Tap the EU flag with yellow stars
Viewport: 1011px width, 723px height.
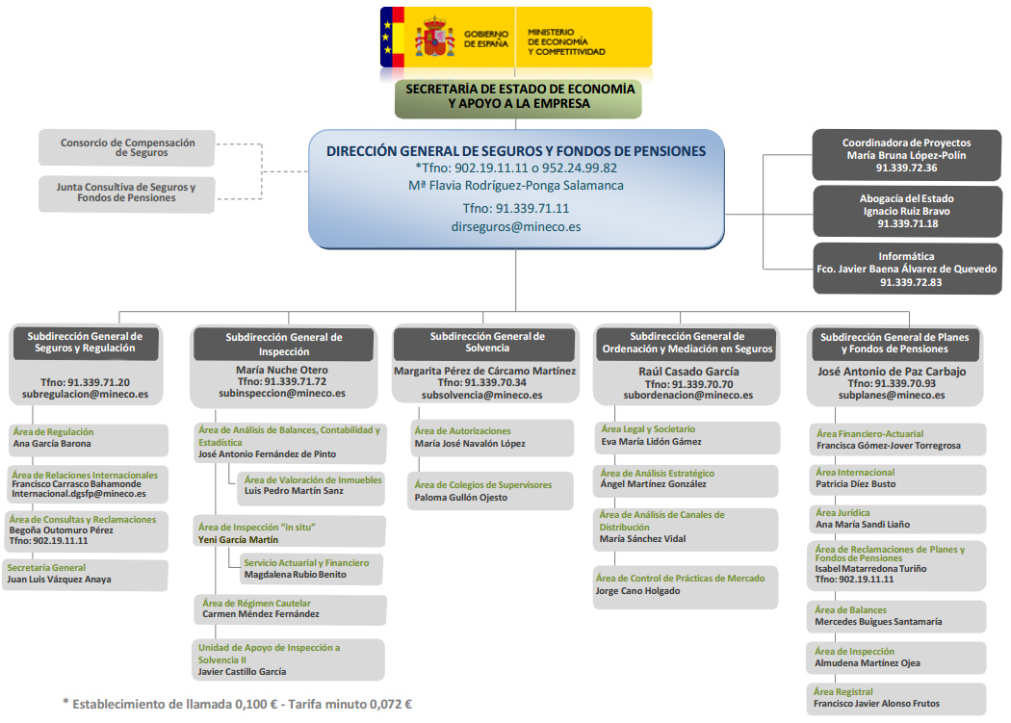point(391,37)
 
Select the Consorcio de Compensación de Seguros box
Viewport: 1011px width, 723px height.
point(127,147)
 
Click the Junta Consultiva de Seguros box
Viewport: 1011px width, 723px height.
point(127,193)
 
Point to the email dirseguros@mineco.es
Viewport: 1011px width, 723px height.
point(516,227)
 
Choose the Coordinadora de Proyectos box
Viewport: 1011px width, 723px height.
point(906,154)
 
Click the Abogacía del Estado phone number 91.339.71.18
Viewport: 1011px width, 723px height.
point(906,223)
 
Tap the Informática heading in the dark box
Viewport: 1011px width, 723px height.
point(906,257)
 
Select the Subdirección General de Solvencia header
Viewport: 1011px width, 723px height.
point(487,342)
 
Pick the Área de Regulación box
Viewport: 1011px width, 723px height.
point(88,439)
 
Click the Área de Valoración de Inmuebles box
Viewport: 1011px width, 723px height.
point(311,485)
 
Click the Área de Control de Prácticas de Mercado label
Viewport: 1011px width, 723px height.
point(681,578)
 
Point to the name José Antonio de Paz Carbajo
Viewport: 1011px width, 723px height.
point(892,371)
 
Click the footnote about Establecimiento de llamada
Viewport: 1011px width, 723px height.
point(237,704)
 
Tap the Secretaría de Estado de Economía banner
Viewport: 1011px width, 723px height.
point(519,95)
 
